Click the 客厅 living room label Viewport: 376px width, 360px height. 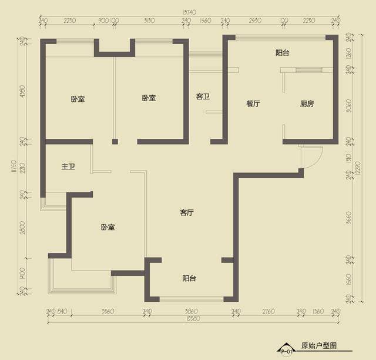click(187, 213)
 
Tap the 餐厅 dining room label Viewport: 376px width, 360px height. click(253, 104)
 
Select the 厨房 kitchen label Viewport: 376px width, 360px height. click(307, 104)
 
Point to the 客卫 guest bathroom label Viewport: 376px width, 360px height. click(203, 96)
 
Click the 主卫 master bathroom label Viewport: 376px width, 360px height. click(68, 167)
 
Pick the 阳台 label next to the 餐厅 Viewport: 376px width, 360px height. click(283, 53)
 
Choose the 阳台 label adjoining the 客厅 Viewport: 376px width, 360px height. click(189, 278)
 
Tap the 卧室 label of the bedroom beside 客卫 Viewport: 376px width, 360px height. click(149, 98)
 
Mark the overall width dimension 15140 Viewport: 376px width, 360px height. click(189, 11)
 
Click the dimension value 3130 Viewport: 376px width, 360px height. click(149, 21)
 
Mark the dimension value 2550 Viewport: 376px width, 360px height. click(254, 21)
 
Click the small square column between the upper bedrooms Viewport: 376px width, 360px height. click(115, 141)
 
